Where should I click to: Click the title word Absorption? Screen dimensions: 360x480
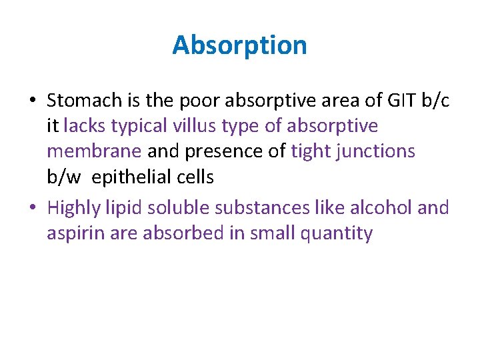point(239,46)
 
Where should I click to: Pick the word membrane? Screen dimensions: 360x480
point(94,151)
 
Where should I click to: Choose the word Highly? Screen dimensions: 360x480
point(74,209)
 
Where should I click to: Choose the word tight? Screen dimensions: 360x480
point(313,151)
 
